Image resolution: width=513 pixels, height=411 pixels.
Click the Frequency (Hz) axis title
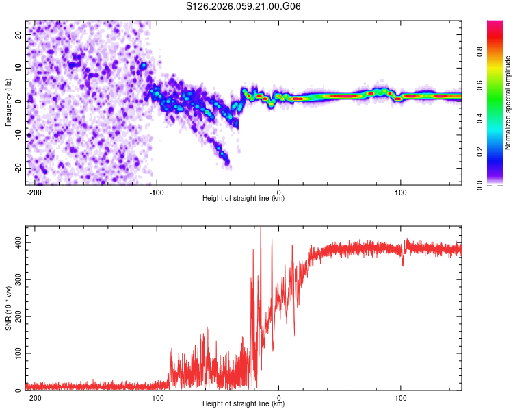[9, 102]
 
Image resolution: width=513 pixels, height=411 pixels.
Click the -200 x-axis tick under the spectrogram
[34, 192]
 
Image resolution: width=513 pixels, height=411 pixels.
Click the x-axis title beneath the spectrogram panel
[244, 199]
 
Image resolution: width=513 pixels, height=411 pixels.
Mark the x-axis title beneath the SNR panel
[244, 404]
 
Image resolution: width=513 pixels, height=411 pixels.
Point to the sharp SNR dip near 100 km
[403, 264]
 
